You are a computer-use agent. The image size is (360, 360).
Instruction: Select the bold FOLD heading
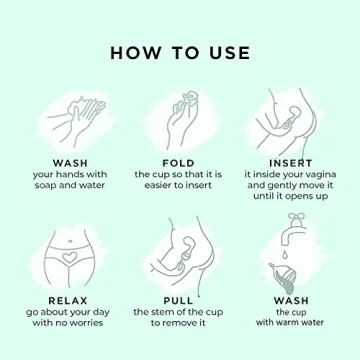coord(178,162)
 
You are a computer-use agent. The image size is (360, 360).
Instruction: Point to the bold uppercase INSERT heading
coord(290,162)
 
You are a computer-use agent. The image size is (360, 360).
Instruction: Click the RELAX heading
coord(63,299)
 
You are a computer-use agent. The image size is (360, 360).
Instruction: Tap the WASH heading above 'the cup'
coord(290,299)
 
